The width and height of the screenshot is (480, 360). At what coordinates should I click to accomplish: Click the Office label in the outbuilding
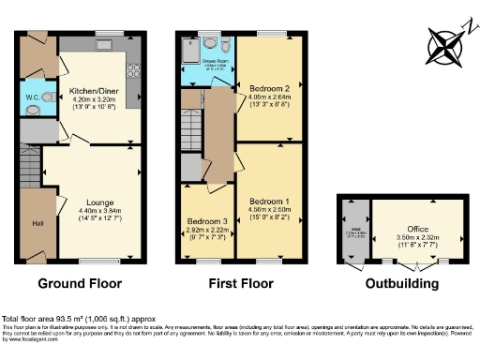(418, 228)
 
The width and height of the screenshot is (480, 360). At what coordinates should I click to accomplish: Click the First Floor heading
(239, 283)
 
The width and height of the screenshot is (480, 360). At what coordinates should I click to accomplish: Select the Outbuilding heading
(401, 283)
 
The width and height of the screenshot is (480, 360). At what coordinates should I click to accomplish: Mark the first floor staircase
(192, 122)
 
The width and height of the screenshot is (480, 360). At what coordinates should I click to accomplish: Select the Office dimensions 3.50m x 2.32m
(418, 237)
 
